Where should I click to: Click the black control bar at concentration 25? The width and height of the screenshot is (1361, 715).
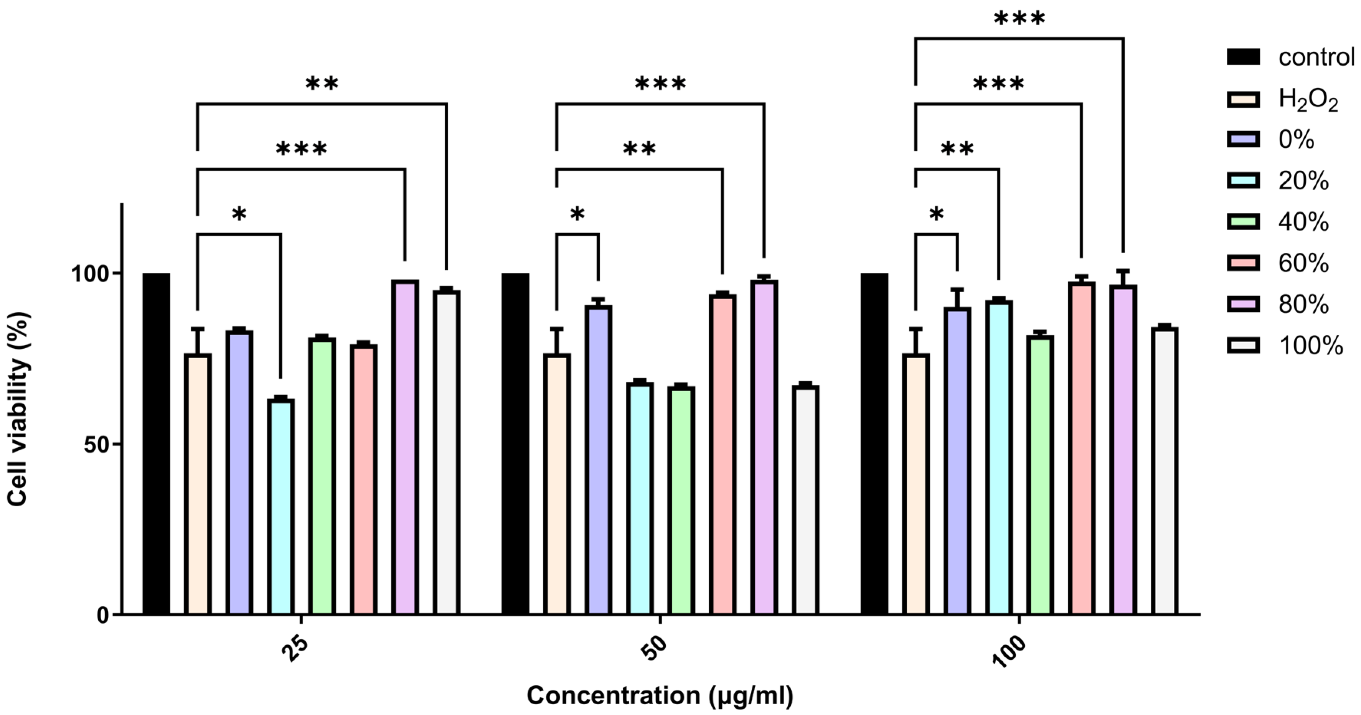157,443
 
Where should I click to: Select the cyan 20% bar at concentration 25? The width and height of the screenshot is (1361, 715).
280,507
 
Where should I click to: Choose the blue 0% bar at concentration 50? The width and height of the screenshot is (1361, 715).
598,460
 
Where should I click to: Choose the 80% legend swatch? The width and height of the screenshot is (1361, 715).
1243,304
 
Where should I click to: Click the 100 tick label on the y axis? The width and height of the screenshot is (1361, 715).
90,274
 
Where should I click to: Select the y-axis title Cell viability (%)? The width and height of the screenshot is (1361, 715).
18,409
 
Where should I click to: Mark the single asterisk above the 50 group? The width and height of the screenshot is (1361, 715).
577,214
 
